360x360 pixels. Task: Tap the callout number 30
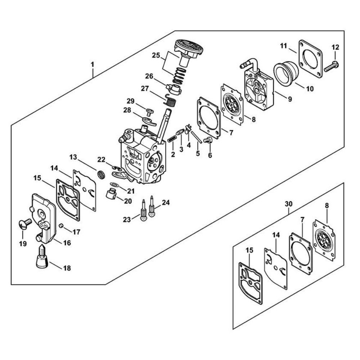coord(289,204)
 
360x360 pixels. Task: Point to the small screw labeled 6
coord(208,140)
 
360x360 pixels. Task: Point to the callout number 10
coord(310,89)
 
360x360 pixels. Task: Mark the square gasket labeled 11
coord(310,59)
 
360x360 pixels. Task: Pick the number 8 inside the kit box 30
coord(327,206)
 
